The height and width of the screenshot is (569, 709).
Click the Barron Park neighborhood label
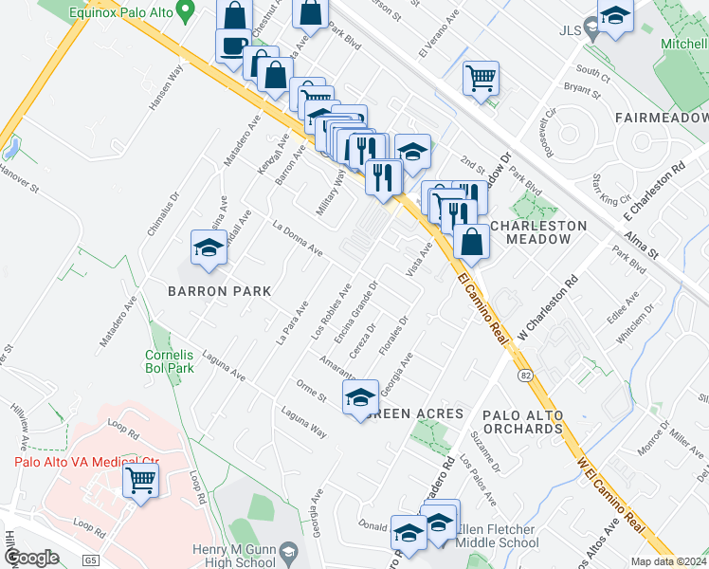(220, 291)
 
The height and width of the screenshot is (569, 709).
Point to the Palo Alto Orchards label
(522, 422)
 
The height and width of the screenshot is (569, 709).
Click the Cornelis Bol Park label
(170, 361)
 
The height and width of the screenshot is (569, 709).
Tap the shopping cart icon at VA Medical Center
(140, 480)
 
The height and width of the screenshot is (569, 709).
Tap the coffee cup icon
(232, 45)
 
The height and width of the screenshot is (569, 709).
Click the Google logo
(31, 558)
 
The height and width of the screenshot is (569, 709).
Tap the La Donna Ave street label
(298, 239)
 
